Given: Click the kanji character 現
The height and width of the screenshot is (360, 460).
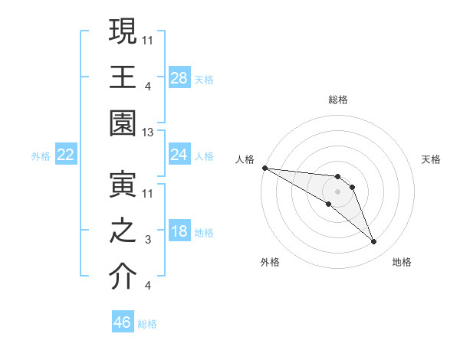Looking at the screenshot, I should point(123,32).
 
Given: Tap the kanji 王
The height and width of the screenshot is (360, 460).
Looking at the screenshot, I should point(123,78).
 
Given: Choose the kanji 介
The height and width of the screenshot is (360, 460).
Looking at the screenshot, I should point(123,277).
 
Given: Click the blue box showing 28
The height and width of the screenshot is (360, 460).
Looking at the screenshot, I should point(179,78).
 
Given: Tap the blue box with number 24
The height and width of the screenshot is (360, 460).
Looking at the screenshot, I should point(179,155).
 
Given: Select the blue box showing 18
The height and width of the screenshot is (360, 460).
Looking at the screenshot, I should point(179,231).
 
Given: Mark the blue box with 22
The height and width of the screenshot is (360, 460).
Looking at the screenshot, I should point(66,155).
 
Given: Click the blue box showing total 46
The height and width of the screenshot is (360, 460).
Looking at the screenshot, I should point(123,322).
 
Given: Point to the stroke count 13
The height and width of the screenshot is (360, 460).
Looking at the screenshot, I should point(149,133).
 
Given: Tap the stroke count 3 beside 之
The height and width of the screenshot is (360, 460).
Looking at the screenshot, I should point(149,241).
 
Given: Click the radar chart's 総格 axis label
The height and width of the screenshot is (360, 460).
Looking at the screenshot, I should point(338,100).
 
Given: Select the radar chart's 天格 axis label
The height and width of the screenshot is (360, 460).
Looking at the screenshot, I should point(432,159).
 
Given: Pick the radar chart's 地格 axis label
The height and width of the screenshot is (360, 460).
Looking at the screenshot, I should point(402,262).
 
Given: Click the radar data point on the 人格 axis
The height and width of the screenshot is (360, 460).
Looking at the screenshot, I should point(264,168).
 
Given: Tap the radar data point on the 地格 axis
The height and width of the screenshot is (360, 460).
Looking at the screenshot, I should point(374,242).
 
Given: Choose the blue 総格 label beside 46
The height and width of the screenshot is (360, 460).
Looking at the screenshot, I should point(147,323).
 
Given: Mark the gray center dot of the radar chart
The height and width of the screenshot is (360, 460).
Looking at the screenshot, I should point(338,191).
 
